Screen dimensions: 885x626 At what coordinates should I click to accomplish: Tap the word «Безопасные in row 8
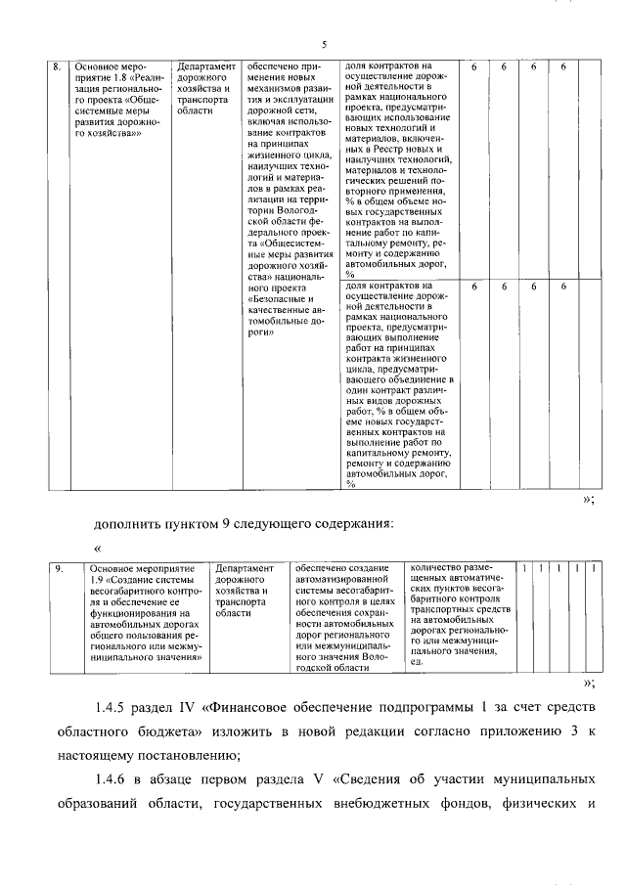coord(279,301)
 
